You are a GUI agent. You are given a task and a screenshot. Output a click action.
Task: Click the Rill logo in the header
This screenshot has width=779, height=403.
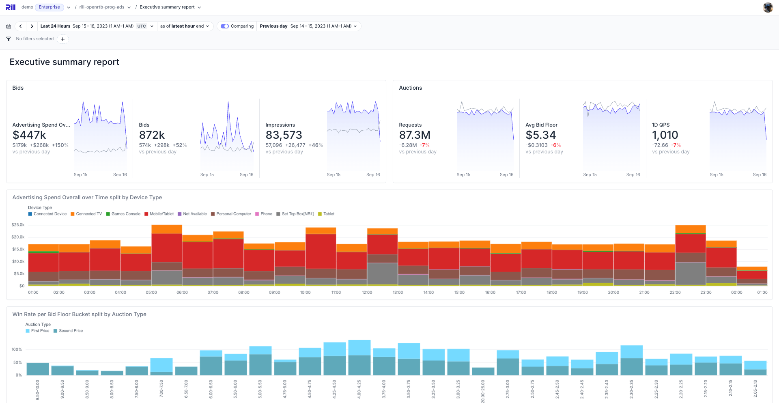click(11, 7)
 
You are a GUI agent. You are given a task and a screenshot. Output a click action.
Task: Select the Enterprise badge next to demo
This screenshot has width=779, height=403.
click(49, 7)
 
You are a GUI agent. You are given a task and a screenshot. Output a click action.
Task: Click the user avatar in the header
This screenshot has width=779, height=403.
click(768, 7)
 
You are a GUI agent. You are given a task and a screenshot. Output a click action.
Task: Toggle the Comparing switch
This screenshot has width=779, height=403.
click(225, 26)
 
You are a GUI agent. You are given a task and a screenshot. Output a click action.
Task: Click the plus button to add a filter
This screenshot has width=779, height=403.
click(62, 39)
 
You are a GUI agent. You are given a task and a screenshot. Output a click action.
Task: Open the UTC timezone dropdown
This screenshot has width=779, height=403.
click(145, 26)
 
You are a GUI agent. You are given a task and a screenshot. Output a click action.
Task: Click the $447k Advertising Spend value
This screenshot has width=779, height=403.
click(29, 135)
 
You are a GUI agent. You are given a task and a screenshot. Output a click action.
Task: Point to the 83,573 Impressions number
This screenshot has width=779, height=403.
click(284, 135)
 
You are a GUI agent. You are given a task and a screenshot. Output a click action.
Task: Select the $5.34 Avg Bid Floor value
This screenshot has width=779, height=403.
click(540, 135)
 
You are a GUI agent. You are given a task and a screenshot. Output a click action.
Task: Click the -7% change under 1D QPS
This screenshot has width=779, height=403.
click(676, 145)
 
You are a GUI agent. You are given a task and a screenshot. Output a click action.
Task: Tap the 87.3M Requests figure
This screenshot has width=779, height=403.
click(415, 135)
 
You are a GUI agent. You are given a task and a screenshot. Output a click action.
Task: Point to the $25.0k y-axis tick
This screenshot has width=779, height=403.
click(18, 225)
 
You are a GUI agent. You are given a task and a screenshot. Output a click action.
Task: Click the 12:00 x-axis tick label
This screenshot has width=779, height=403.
click(367, 293)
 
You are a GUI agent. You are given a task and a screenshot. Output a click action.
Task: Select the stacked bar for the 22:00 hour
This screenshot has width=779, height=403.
click(690, 256)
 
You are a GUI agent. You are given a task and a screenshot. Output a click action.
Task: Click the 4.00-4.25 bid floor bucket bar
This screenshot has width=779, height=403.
click(359, 357)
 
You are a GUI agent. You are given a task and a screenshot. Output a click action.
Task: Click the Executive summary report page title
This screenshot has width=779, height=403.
click(64, 62)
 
